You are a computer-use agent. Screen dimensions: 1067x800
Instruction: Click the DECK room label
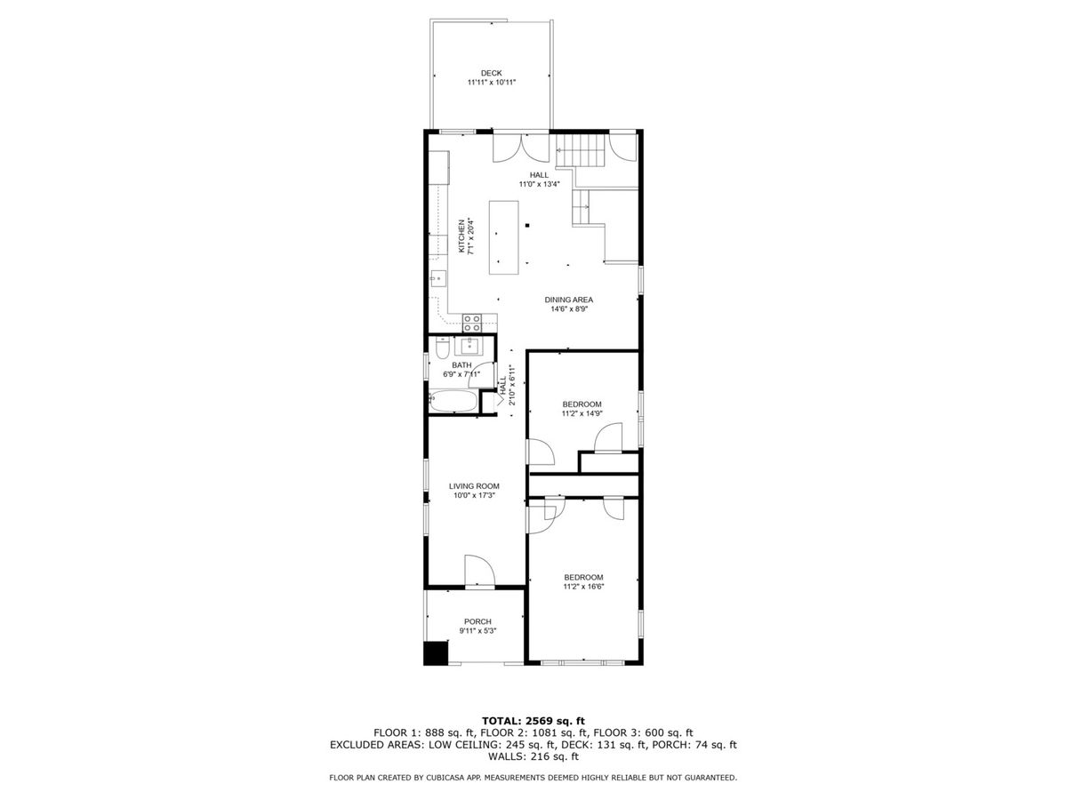pos(491,73)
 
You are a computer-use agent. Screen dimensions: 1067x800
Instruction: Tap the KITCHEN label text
pos(461,236)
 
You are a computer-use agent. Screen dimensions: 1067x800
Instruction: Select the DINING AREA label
pos(568,300)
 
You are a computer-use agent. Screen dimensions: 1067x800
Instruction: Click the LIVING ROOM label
pos(473,485)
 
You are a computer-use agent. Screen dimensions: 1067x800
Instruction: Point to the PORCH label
pos(477,621)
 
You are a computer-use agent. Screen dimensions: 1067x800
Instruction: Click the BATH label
pos(461,364)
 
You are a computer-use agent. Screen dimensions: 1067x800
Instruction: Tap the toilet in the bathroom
pos(442,348)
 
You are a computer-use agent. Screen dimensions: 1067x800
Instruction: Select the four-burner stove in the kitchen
pos(472,323)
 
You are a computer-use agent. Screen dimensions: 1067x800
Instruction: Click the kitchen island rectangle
pos(503,237)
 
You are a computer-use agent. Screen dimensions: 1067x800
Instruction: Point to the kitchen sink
pos(438,279)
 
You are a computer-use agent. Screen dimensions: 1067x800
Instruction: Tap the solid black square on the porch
pos(435,652)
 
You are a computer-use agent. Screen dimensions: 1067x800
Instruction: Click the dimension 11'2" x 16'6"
pos(583,587)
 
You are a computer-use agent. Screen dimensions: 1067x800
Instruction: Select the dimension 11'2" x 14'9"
pos(582,413)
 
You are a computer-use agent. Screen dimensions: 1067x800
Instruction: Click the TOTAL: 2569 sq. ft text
pos(533,721)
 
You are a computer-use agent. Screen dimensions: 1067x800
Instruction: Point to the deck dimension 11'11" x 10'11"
pos(491,83)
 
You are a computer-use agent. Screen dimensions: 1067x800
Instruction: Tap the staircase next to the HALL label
pos(580,150)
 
